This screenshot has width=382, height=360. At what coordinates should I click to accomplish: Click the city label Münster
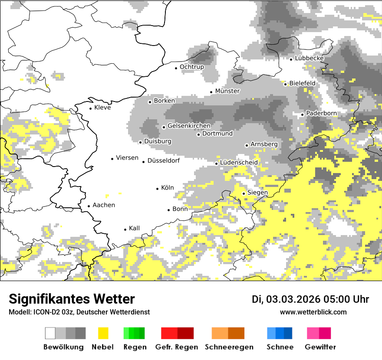(x=227, y=91)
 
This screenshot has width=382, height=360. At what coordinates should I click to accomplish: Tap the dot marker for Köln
(x=158, y=189)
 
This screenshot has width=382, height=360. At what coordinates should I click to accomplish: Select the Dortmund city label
(x=217, y=134)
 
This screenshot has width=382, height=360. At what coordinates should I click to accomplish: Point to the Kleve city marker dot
(x=91, y=108)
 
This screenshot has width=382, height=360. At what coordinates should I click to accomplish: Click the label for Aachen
(x=104, y=205)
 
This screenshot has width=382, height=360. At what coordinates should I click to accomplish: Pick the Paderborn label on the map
(x=321, y=113)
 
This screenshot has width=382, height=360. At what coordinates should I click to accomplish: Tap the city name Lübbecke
(x=309, y=58)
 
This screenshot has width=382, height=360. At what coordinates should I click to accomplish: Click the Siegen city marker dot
(x=244, y=193)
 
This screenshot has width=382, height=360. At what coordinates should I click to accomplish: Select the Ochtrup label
(x=192, y=67)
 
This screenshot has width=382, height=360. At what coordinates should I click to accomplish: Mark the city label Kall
(x=135, y=228)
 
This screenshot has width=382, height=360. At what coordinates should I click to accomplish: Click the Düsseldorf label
(x=164, y=160)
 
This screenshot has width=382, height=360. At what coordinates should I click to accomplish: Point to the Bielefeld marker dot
(x=286, y=84)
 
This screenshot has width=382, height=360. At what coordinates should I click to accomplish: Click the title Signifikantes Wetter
(x=72, y=299)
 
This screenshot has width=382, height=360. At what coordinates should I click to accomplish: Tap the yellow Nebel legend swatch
(x=103, y=333)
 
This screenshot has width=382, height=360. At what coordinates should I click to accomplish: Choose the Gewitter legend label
(x=320, y=347)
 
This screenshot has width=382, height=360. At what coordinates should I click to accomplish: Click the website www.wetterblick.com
(x=313, y=312)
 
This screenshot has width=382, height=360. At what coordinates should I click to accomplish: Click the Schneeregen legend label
(x=229, y=347)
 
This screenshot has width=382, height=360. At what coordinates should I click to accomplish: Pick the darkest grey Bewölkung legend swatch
(x=80, y=333)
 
